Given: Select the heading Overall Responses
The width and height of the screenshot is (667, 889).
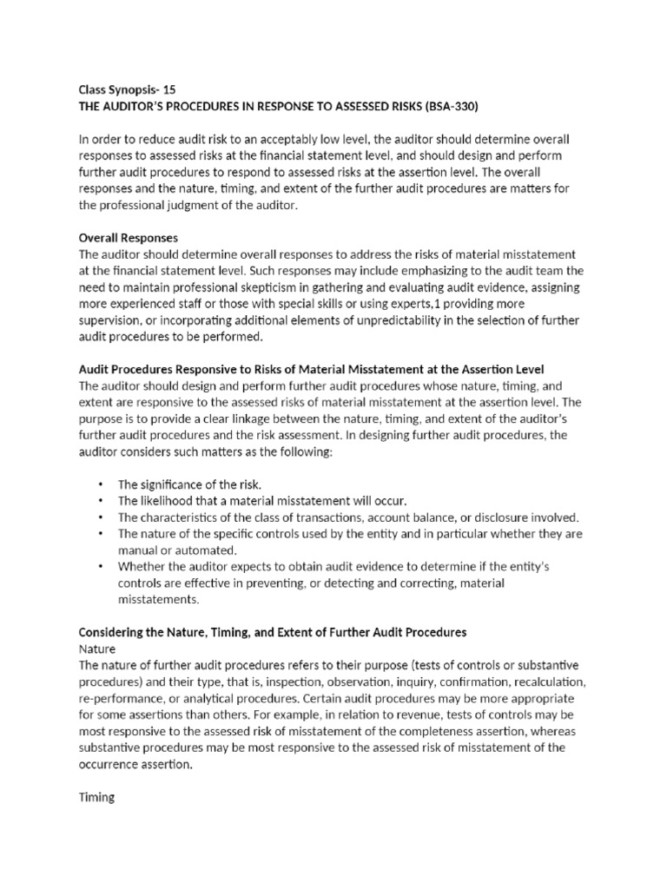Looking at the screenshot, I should (129, 237).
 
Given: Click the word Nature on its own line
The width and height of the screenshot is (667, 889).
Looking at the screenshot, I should (96, 648).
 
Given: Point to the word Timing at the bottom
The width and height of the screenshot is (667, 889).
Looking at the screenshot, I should (96, 795).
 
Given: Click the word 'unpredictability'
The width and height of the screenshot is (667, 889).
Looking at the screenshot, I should (386, 319).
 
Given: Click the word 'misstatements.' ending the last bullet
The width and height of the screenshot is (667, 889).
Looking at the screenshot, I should (158, 599).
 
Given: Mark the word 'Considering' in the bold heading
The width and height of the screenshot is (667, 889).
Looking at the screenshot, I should (114, 631).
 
